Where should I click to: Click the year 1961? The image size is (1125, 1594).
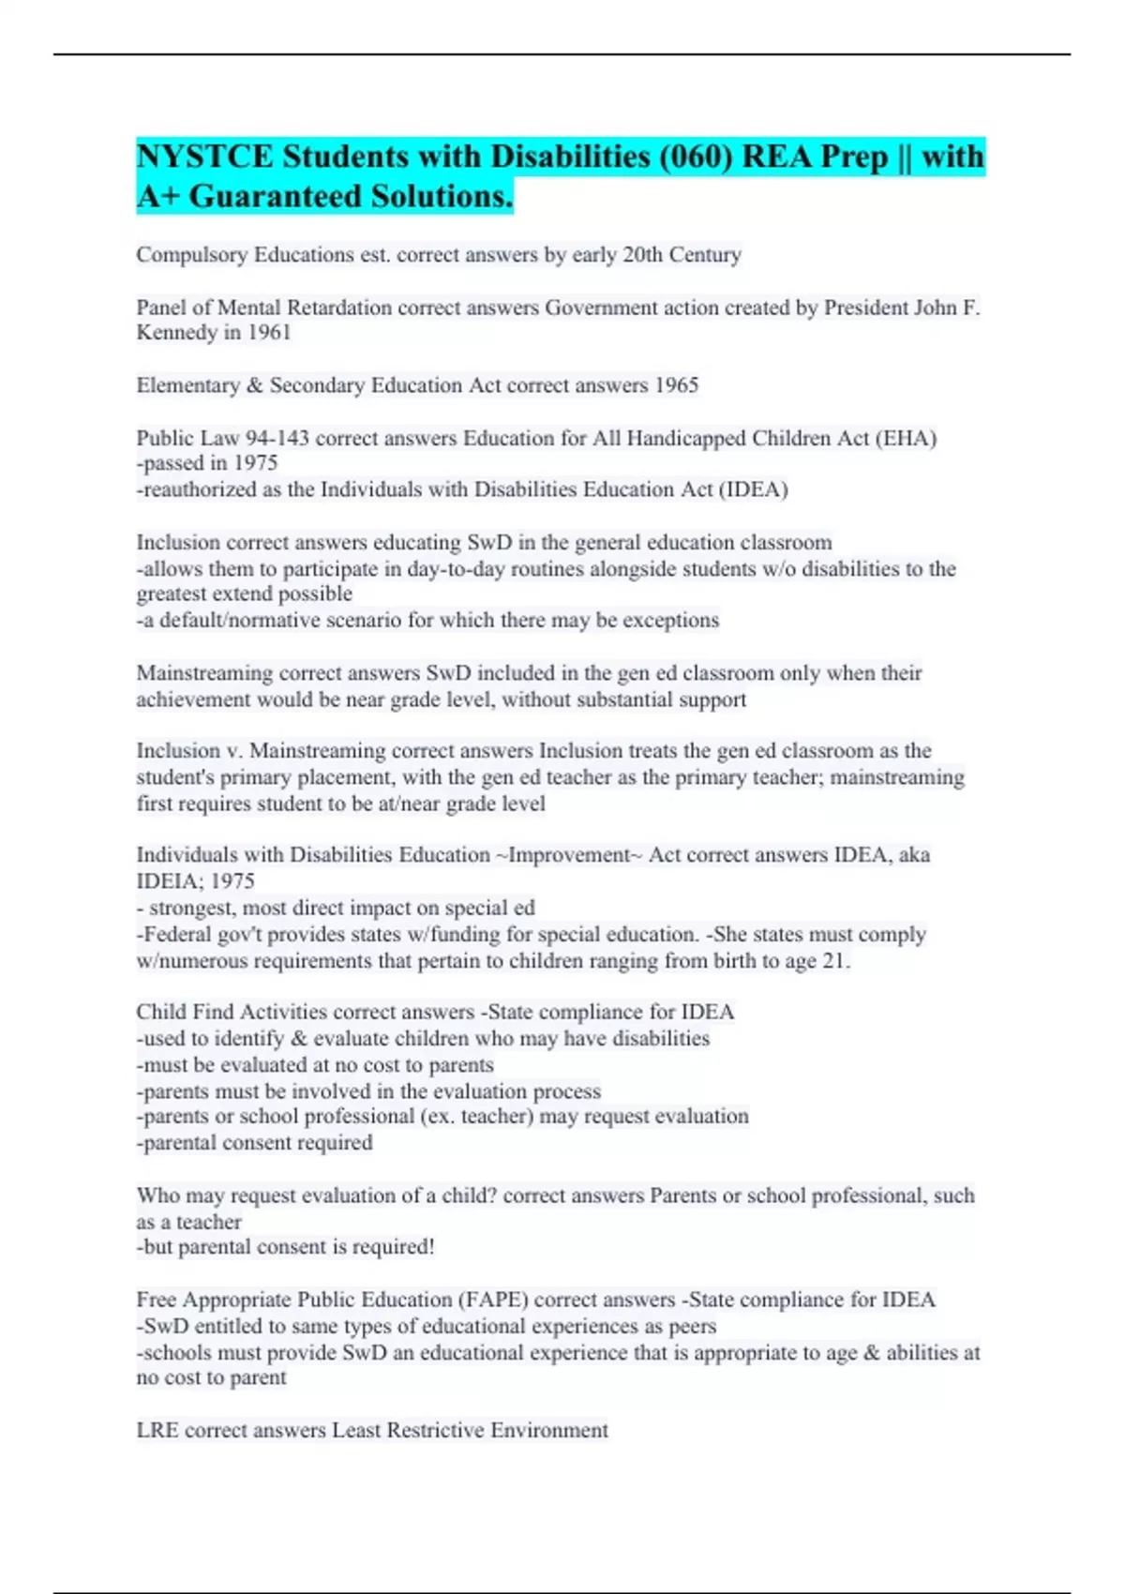(269, 333)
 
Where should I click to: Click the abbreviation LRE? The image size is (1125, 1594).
(157, 1431)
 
